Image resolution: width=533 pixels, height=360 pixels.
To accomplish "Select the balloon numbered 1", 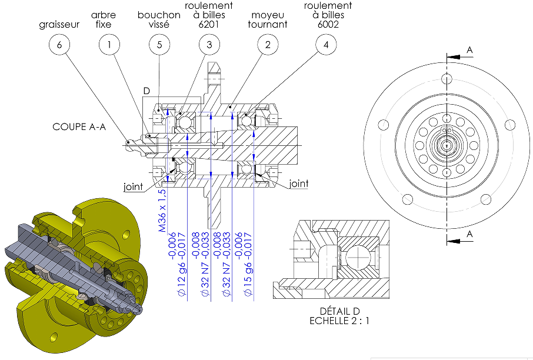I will (x=109, y=44).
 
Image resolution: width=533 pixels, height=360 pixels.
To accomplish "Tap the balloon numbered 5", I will (x=159, y=44).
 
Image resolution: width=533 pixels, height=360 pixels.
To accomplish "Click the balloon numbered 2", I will (x=268, y=44).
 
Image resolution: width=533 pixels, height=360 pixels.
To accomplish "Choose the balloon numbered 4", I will (x=326, y=44).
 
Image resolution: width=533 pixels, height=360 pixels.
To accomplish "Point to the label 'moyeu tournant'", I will (x=268, y=19).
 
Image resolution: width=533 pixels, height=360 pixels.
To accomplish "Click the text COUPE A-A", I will (x=79, y=126).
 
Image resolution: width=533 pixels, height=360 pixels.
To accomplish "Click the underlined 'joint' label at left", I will (x=133, y=186).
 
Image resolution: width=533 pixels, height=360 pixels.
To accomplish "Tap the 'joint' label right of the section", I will (x=299, y=184).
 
